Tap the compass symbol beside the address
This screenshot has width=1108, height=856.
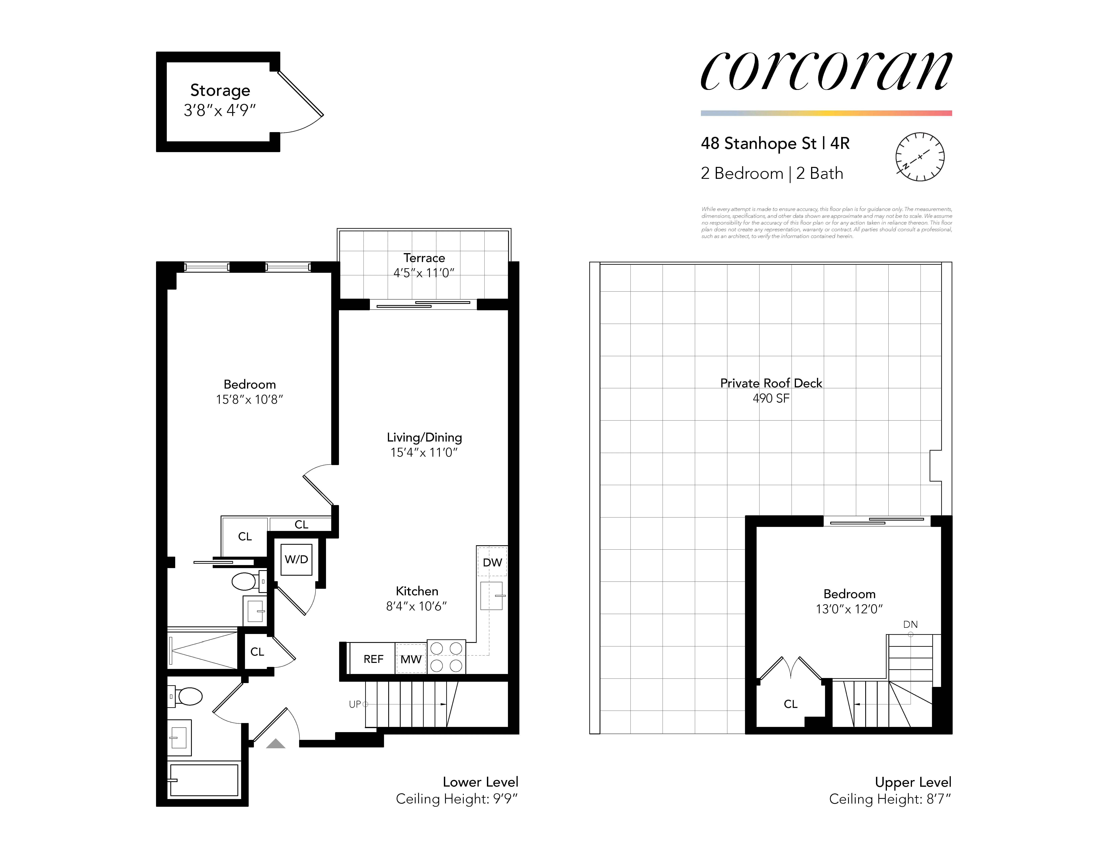[919, 157]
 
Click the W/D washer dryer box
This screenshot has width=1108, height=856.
[296, 559]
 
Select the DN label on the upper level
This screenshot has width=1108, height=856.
[910, 624]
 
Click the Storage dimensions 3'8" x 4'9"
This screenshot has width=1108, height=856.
[220, 110]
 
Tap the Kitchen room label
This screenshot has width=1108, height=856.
[416, 591]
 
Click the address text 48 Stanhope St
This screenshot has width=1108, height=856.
[758, 144]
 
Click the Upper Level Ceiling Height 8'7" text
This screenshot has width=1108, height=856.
[890, 799]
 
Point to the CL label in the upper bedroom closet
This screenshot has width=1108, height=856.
[790, 704]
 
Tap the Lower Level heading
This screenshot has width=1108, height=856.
[480, 782]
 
